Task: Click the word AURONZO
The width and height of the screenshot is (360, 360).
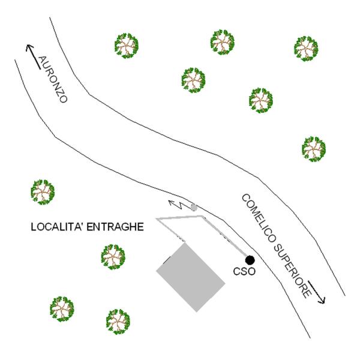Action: click(53, 79)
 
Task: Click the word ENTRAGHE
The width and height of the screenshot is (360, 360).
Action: click(115, 227)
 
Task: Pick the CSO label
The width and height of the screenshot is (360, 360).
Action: click(244, 272)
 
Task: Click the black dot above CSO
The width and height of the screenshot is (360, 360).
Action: click(250, 260)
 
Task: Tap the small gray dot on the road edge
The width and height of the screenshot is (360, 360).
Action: click(194, 208)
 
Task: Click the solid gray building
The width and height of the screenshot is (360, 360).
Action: click(191, 277)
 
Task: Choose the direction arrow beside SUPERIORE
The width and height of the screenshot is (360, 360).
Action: click(317, 292)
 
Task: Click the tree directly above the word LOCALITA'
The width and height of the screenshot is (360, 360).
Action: click(43, 192)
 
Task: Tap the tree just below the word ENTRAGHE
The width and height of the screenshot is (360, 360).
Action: click(113, 257)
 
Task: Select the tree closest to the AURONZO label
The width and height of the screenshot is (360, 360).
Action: click(126, 46)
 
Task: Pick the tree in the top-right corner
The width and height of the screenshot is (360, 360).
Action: click(306, 49)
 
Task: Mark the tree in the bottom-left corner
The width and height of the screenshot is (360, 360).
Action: click(62, 309)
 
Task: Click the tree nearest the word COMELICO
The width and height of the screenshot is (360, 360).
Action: click(314, 149)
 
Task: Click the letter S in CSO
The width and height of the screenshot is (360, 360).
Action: click(244, 272)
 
